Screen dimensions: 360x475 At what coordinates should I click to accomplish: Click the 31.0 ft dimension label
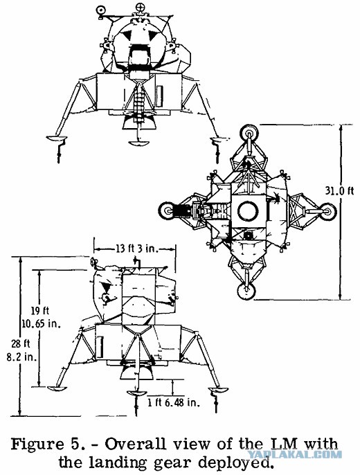coord(339,191)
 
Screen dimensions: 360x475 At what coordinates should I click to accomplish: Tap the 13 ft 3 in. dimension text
coord(133,249)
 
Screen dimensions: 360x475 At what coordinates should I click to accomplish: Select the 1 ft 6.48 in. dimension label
coord(174,402)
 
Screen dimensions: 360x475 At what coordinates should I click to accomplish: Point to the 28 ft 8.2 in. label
coord(21,350)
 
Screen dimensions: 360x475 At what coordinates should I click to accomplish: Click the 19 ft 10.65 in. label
coord(41,317)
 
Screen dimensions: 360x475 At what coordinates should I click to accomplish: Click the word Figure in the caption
coord(37,445)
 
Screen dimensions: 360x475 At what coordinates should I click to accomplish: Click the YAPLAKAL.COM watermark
coord(295,454)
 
